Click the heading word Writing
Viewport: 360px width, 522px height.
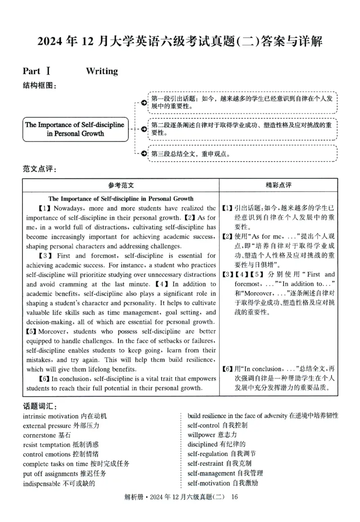[102, 71]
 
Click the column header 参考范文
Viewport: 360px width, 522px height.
[121, 185]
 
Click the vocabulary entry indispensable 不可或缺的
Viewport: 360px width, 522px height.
[59, 484]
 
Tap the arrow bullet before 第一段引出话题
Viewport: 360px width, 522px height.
[143, 103]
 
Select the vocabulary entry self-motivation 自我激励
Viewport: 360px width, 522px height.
[223, 484]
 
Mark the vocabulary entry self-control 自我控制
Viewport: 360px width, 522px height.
[217, 425]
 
